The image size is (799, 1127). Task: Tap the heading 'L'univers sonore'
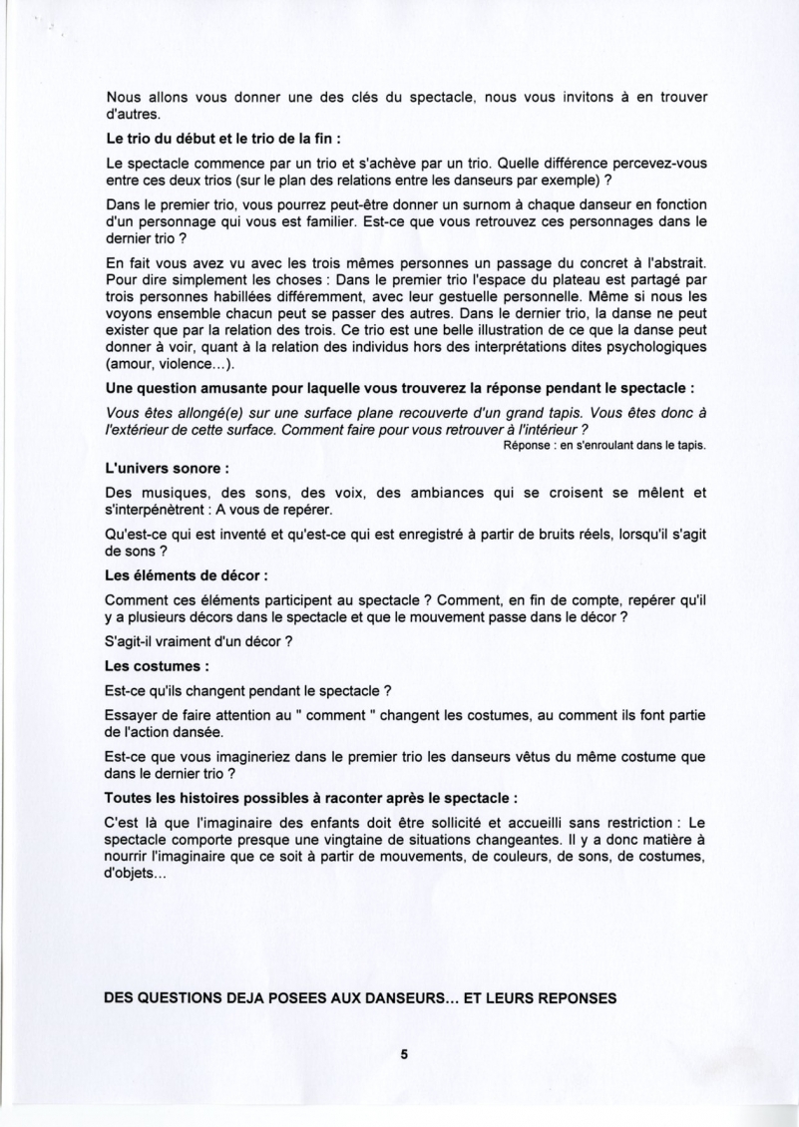coord(168,467)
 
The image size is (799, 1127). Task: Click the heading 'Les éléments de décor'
coord(186,575)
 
